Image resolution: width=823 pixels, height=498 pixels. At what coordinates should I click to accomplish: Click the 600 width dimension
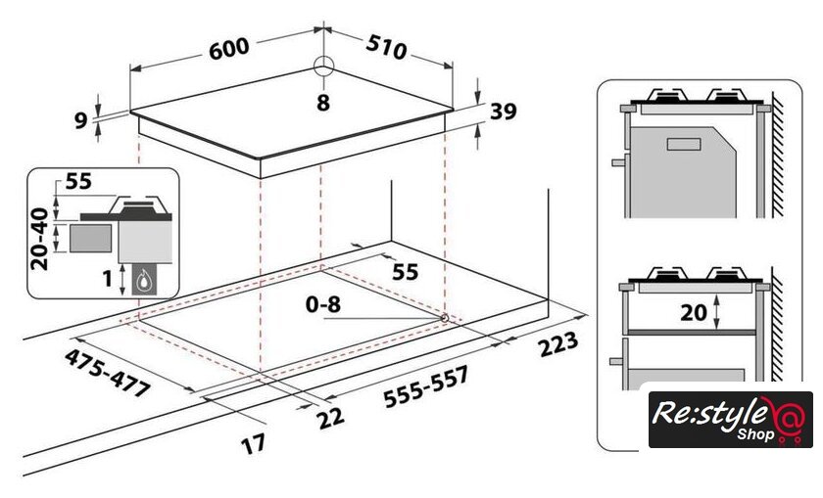229,48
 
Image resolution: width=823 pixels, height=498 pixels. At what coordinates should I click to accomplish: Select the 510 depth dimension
386,47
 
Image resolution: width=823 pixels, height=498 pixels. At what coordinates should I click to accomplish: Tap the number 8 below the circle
323,103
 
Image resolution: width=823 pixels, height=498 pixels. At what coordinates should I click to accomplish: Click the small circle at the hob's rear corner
324,67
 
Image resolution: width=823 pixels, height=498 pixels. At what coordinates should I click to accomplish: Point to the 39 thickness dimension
503,112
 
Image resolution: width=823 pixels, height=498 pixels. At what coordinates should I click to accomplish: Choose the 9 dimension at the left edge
80,120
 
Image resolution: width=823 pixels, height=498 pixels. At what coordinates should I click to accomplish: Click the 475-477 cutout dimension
108,373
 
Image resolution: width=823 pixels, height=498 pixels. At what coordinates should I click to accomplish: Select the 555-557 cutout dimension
425,387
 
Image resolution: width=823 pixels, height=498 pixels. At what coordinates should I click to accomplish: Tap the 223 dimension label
558,344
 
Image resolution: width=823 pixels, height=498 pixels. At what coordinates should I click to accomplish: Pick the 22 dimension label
331,418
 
